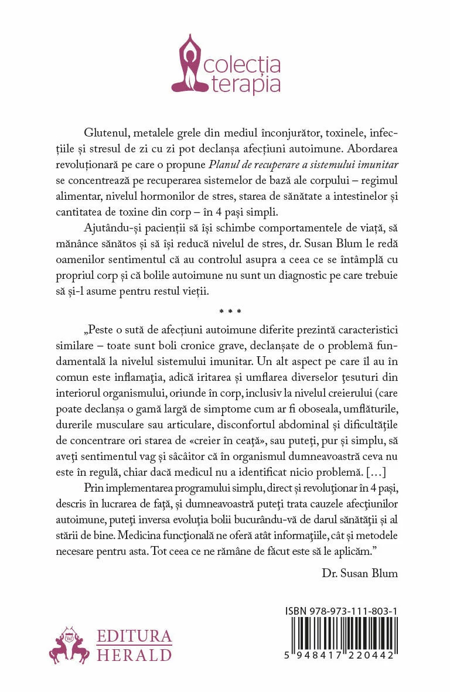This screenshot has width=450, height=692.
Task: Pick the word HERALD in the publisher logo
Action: pyautogui.click(x=134, y=655)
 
